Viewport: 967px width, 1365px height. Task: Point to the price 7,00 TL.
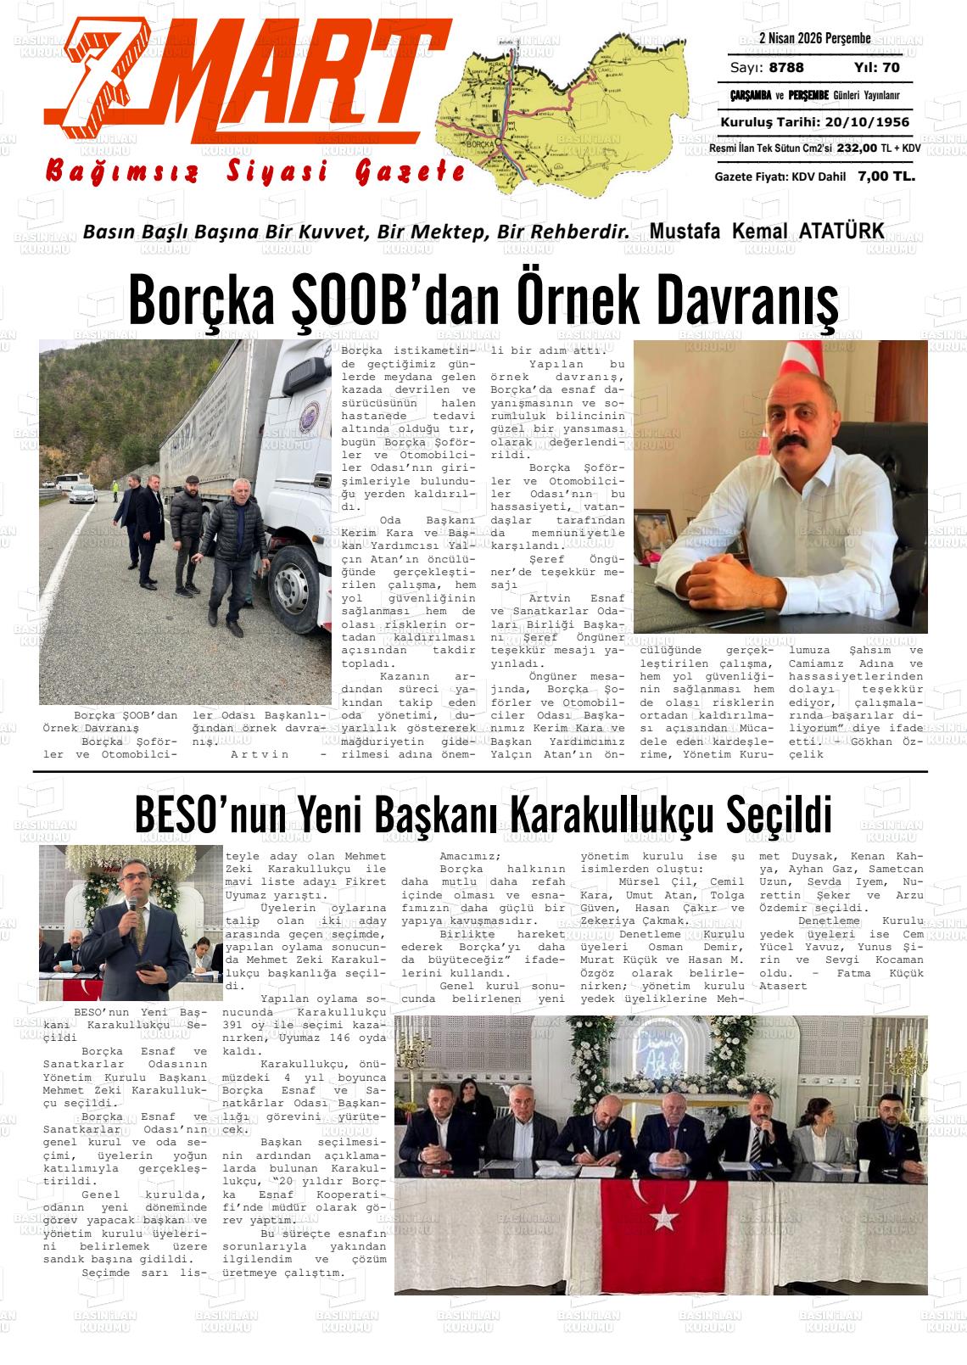click(886, 176)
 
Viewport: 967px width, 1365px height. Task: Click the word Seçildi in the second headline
click(780, 815)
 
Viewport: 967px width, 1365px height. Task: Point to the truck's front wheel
click(289, 586)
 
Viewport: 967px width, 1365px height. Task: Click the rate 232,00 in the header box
click(857, 148)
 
